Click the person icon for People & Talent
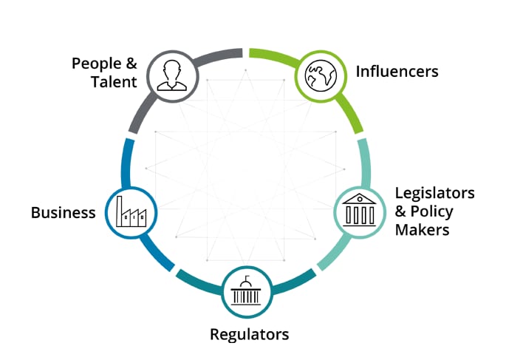(172, 75)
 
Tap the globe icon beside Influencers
(321, 75)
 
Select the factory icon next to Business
(131, 211)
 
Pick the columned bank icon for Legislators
(359, 210)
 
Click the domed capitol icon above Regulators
(246, 291)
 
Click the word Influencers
(397, 72)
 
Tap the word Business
(63, 213)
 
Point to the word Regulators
(249, 335)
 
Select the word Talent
(114, 82)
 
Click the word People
(96, 64)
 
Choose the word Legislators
(434, 193)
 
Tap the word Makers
(422, 230)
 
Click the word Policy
(431, 212)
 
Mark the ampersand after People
(131, 63)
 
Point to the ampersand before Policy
(400, 211)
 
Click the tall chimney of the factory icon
(119, 211)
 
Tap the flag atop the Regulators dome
(247, 278)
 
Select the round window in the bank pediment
(360, 199)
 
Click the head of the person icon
(172, 70)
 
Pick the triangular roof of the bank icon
(359, 199)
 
